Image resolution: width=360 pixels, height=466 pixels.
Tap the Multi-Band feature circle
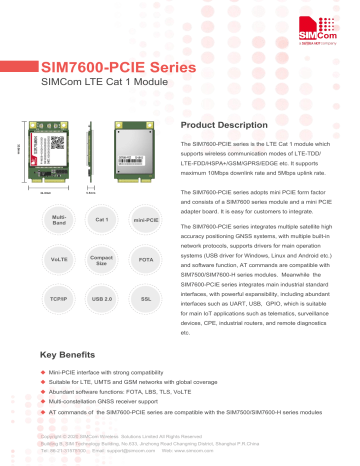click(x=59, y=218)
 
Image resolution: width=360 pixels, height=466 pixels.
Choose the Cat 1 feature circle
click(x=101, y=218)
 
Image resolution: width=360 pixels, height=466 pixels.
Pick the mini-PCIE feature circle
click(x=145, y=218)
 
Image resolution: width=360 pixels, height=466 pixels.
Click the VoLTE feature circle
click(x=59, y=259)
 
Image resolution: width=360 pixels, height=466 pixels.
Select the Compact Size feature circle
click(x=101, y=259)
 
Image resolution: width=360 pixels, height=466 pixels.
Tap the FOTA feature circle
click(x=145, y=259)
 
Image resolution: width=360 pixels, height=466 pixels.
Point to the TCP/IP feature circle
click(x=59, y=299)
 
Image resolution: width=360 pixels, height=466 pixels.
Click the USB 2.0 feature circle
click(x=101, y=299)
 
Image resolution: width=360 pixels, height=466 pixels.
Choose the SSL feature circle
click(x=145, y=299)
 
